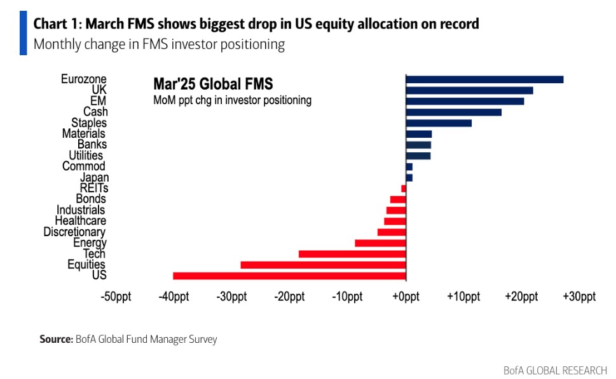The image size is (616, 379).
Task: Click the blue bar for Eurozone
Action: point(484,79)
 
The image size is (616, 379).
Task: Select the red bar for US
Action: point(289,276)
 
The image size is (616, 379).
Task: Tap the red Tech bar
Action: point(352,254)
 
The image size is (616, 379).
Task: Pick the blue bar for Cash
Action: point(453,112)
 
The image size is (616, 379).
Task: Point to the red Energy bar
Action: point(380,243)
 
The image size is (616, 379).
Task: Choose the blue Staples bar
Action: point(439,123)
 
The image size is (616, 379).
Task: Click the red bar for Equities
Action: point(323,265)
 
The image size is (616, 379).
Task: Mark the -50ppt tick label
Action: point(116,296)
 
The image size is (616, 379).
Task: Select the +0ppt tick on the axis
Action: point(406,296)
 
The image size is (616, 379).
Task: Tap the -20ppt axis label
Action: point(289,296)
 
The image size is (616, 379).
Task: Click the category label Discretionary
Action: point(74,232)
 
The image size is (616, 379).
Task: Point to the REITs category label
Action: point(94,189)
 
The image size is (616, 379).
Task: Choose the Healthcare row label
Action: point(79,221)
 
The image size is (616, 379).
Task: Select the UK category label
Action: point(99,90)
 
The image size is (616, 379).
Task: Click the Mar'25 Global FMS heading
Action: point(213,84)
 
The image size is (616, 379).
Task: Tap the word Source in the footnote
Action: point(55,340)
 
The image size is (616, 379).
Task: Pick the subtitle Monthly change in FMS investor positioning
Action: point(159,45)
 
